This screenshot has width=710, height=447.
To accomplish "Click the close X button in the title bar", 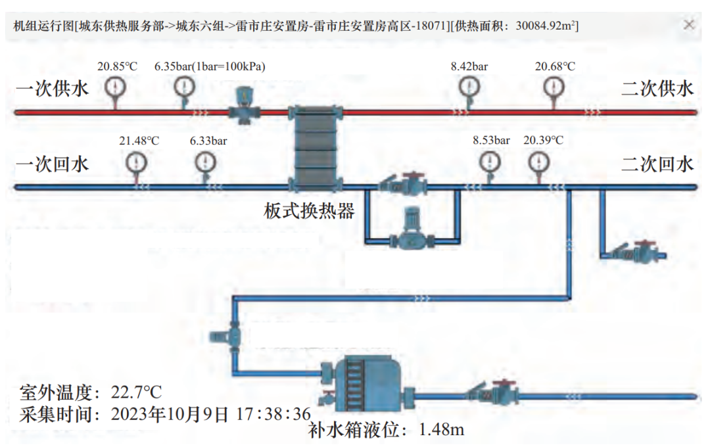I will coord(689,25).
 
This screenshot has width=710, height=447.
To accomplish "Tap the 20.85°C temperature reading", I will coord(117,66).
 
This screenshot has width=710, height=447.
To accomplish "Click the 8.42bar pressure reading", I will coord(469,66).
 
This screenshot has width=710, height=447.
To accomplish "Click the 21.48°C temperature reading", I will coord(139,141).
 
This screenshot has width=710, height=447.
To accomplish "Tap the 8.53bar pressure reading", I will coord(491,141).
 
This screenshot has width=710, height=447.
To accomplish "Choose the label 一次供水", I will coord(52,89).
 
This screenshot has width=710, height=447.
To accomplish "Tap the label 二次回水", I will coord(657,164).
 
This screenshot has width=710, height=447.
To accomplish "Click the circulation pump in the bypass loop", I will coord(410,231).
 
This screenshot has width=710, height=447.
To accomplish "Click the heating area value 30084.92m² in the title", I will coord(547,26).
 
